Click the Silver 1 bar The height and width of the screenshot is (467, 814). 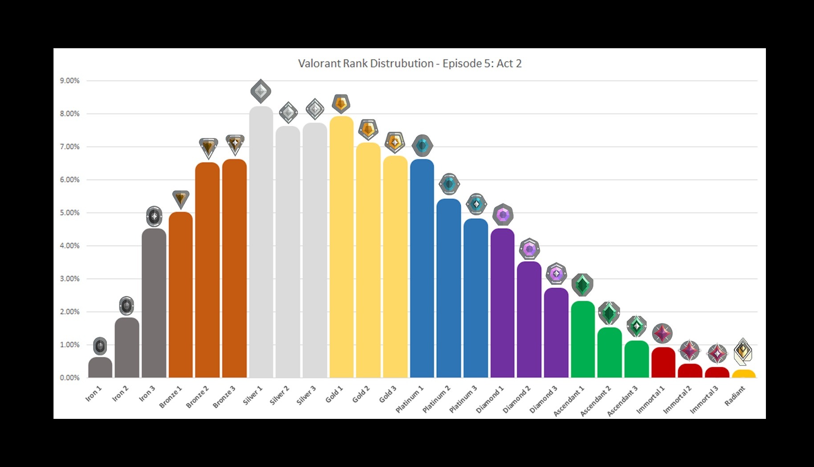(261, 243)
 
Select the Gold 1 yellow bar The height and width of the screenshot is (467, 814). (342, 247)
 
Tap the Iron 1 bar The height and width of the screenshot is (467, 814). (100, 368)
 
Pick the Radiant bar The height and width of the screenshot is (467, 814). (744, 374)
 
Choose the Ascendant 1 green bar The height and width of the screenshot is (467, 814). (583, 340)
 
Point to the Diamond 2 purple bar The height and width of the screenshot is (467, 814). (529, 320)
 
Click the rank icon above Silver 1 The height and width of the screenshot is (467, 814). (261, 92)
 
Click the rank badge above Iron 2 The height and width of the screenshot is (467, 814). (126, 306)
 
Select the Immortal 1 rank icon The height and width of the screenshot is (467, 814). (662, 333)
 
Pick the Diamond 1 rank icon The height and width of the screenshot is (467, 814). (503, 215)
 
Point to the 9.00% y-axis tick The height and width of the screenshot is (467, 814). (70, 81)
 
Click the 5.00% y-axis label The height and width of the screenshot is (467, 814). (70, 213)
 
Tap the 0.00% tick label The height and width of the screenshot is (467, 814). (70, 377)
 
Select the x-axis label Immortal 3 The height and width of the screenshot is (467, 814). (704, 399)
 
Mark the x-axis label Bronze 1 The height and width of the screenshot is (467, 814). (171, 397)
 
